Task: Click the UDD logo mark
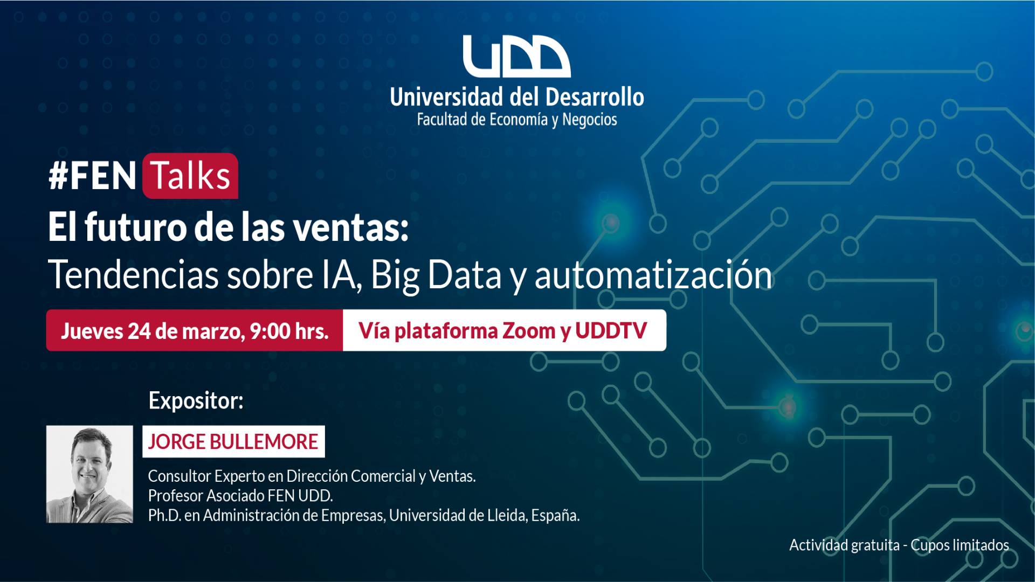[517, 57]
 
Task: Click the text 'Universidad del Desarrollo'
[517, 97]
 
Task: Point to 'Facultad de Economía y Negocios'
[517, 120]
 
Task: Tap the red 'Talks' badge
[190, 176]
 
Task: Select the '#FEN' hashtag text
[92, 176]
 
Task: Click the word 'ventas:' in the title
[351, 228]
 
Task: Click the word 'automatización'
[653, 275]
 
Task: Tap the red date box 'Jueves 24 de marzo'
[195, 330]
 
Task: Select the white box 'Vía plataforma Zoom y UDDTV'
[505, 330]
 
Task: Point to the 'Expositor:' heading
[196, 401]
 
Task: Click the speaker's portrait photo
[89, 474]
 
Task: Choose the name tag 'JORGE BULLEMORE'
[233, 441]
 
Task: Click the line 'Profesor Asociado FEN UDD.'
[240, 496]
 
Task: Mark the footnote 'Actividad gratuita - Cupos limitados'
[899, 545]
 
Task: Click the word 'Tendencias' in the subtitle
[133, 275]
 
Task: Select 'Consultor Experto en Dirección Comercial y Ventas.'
[312, 476]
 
